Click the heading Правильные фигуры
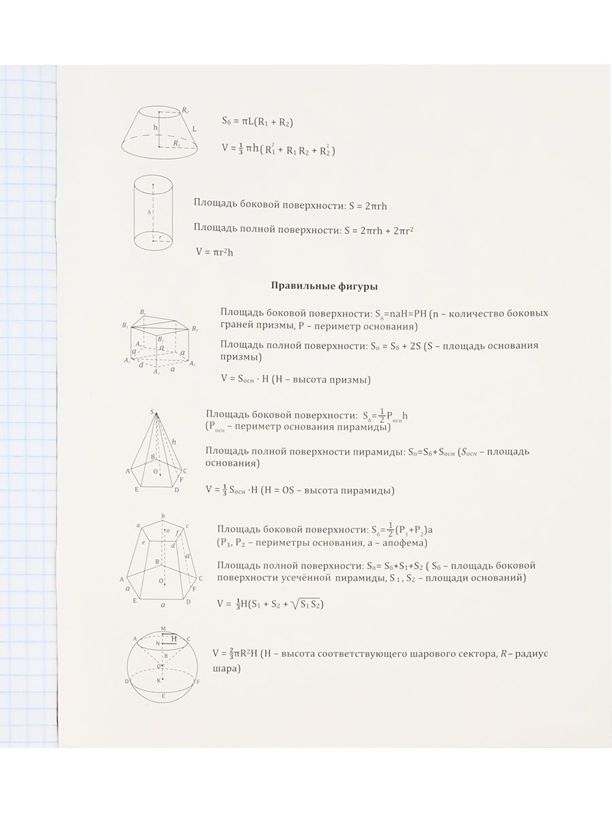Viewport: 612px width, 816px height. pyautogui.click(x=324, y=286)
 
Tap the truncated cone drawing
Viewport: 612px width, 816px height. pyautogui.click(x=159, y=131)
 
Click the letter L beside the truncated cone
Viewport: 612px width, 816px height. pyautogui.click(x=195, y=128)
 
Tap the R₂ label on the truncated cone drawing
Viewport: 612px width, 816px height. pyautogui.click(x=185, y=109)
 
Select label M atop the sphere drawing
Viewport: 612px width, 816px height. pyautogui.click(x=163, y=629)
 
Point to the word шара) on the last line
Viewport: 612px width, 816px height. pyautogui.click(x=226, y=668)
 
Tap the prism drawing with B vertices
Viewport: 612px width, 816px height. pyautogui.click(x=160, y=343)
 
